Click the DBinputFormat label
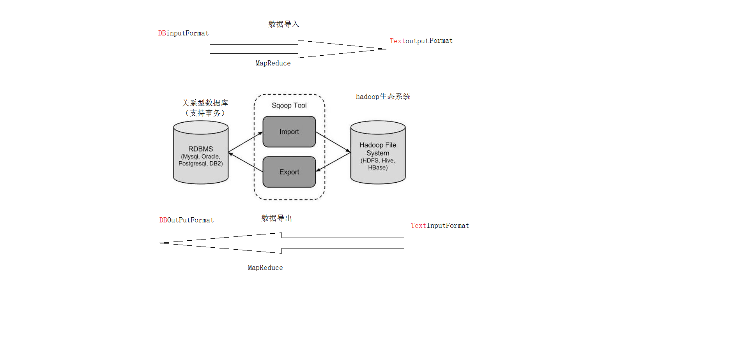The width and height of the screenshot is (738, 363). [x=183, y=33]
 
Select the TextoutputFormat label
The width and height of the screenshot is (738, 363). [x=421, y=41]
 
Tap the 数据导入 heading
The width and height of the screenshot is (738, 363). [x=283, y=24]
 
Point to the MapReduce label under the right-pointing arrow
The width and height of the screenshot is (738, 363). [x=273, y=63]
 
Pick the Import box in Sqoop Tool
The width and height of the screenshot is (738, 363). [x=289, y=132]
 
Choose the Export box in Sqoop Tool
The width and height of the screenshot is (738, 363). [x=289, y=172]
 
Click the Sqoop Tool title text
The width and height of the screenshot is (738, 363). [x=289, y=106]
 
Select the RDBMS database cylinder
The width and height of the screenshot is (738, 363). [x=201, y=156]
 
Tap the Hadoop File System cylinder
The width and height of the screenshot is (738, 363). [x=378, y=156]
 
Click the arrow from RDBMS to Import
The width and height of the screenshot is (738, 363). [x=246, y=142]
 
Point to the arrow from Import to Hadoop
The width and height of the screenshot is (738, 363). [x=333, y=142]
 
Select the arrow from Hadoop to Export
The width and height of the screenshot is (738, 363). [x=333, y=162]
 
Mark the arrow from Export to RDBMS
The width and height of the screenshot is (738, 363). [x=246, y=162]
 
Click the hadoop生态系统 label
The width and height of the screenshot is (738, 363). [x=383, y=97]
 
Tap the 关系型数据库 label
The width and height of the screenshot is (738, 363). [x=205, y=103]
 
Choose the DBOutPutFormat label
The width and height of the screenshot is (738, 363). [x=186, y=220]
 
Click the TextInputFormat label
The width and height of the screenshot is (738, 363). [x=440, y=226]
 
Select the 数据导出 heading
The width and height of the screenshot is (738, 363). [x=276, y=219]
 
